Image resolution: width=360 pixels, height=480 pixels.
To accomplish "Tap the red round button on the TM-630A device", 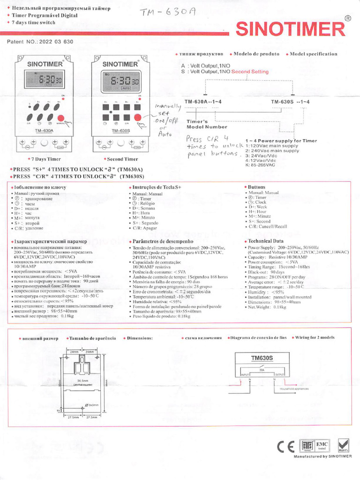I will [x=61, y=119].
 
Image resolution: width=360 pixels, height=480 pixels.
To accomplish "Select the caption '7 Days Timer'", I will [x=45, y=159].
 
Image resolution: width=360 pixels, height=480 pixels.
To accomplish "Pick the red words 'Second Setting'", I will [x=250, y=72].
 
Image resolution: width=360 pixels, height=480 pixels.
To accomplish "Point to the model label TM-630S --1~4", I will [x=290, y=102].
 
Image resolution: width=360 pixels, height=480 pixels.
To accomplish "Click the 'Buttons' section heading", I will [x=256, y=187].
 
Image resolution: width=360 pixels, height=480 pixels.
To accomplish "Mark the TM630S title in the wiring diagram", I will [x=262, y=359].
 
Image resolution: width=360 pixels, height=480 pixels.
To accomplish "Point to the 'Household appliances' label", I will [x=294, y=389].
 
